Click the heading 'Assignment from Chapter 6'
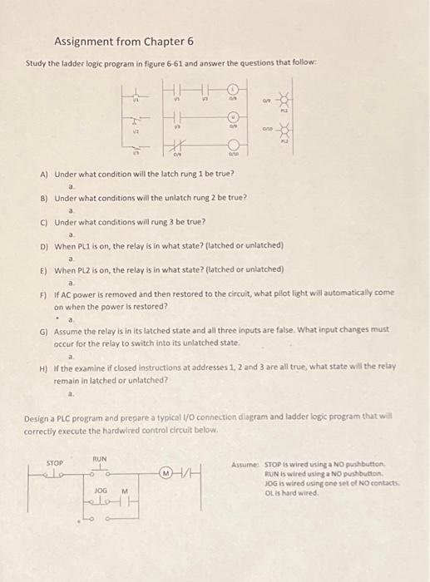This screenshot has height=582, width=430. pyautogui.click(x=123, y=40)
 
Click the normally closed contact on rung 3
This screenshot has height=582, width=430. pyautogui.click(x=178, y=146)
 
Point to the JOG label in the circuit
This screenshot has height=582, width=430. pyautogui.click(x=101, y=491)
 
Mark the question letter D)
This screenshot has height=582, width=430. pyautogui.click(x=44, y=246)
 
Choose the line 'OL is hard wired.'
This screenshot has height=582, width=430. pyautogui.click(x=291, y=492)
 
